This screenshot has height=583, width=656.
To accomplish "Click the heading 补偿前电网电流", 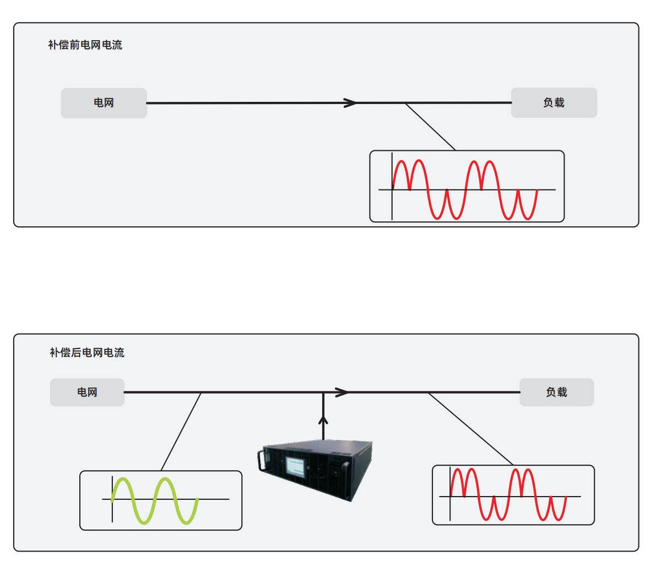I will (x=85, y=45).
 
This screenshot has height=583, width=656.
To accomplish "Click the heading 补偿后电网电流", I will (x=87, y=352).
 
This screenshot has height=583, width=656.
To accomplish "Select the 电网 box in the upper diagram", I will (x=104, y=103).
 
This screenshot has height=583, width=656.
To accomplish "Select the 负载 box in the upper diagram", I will (x=554, y=102).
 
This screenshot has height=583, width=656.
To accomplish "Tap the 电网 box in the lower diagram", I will (x=87, y=393).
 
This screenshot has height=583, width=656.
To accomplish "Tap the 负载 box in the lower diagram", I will (x=556, y=392).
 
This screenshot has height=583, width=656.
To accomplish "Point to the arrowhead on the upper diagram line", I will (x=350, y=103).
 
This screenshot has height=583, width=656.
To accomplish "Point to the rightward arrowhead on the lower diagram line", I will (x=342, y=393).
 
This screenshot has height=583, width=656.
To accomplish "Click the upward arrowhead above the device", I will (x=323, y=421).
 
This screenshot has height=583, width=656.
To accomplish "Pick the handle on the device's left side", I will (x=261, y=459).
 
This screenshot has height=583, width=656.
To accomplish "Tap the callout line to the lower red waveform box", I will (x=471, y=429).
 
